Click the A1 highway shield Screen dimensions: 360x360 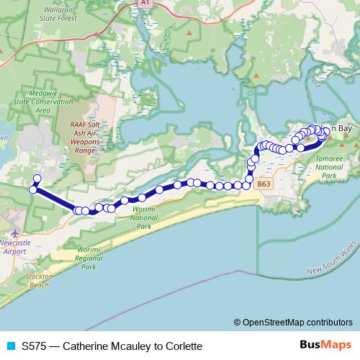pos(145,4)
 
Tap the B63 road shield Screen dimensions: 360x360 pos(264,184)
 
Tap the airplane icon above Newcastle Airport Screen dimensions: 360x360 pos(16,235)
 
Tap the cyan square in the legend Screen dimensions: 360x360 pos(11,346)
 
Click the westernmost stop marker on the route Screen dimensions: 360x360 pos(32,189)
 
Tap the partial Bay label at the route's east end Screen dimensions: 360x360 pos(345,129)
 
